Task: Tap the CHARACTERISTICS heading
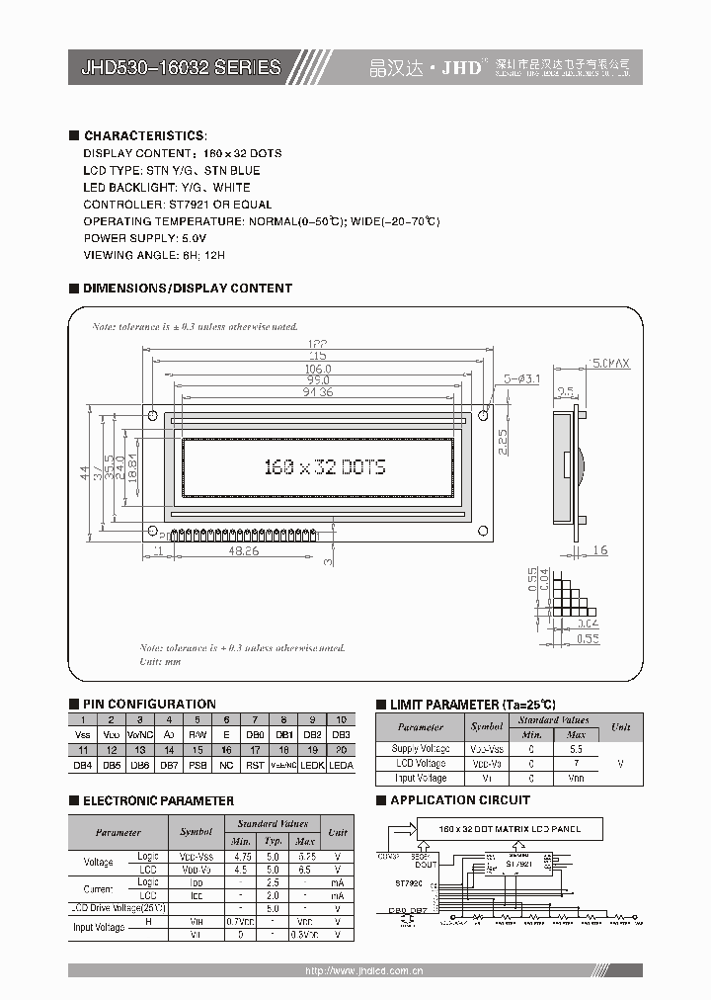click(x=145, y=135)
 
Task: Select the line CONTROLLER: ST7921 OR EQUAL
click(x=178, y=205)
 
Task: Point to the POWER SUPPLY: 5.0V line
click(x=144, y=238)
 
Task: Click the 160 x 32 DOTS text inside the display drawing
click(x=324, y=467)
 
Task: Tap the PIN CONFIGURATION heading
click(x=149, y=704)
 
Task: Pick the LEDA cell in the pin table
click(x=341, y=765)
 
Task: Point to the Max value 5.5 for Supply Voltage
click(x=576, y=749)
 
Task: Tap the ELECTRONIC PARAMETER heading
click(x=158, y=800)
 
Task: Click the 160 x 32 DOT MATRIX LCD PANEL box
click(x=510, y=829)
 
